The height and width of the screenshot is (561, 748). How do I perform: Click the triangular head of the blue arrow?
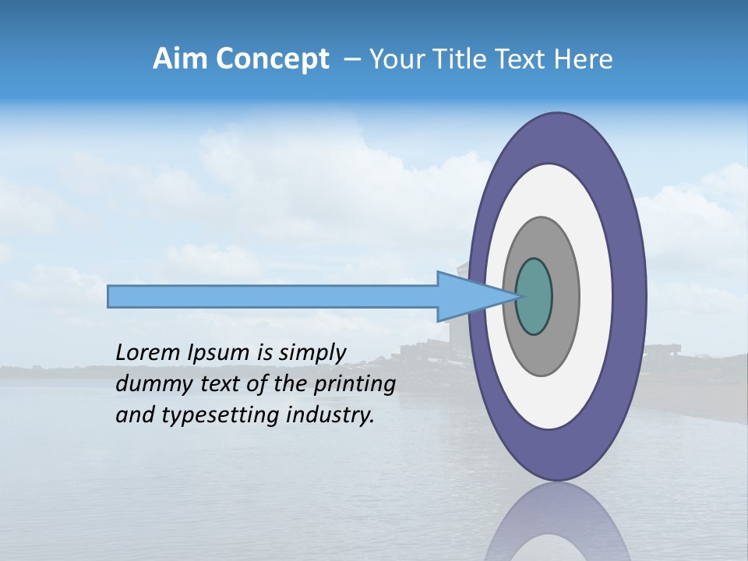click(467, 297)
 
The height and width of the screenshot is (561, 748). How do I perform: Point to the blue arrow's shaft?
click(273, 297)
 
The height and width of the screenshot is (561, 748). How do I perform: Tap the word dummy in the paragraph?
click(149, 384)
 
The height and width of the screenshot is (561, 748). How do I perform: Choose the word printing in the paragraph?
click(355, 385)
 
